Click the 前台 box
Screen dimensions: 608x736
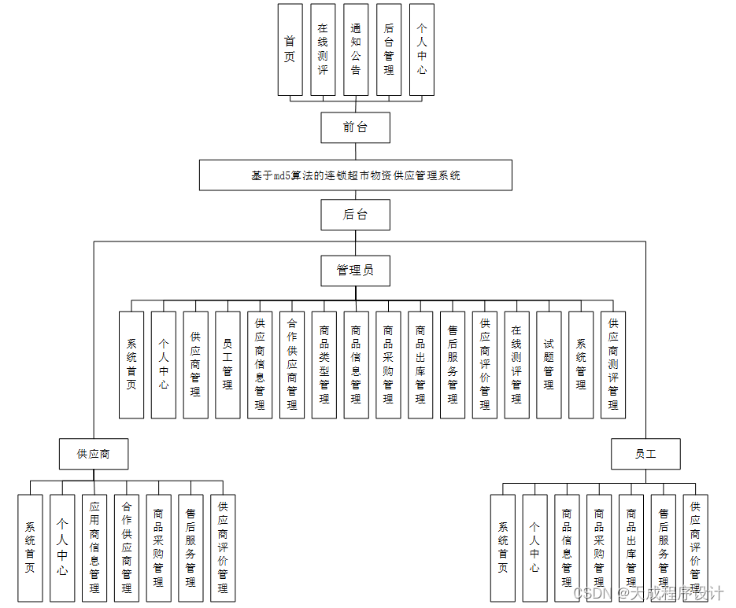click(x=355, y=127)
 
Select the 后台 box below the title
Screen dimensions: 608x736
click(x=355, y=214)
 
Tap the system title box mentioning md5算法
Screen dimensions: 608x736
click(x=355, y=175)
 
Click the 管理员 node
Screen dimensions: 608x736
click(x=355, y=271)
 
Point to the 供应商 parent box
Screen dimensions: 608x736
click(x=93, y=454)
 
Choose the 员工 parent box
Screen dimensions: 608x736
click(x=645, y=454)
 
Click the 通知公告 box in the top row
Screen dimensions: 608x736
click(x=356, y=50)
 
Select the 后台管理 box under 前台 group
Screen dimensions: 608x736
click(x=389, y=50)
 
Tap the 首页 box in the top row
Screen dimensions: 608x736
click(x=290, y=50)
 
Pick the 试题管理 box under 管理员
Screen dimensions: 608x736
click(x=549, y=364)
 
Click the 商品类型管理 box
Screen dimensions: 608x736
click(x=324, y=364)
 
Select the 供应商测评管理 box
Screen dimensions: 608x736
click(x=613, y=364)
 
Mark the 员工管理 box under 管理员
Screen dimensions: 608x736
click(x=227, y=364)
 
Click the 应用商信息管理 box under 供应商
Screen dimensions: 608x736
click(x=94, y=547)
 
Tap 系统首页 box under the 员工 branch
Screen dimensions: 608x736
click(x=502, y=547)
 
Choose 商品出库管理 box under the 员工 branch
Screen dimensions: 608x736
click(x=631, y=547)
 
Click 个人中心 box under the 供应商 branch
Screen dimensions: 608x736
click(x=62, y=547)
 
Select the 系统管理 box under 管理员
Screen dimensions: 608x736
click(x=581, y=364)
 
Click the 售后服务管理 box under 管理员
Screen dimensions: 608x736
click(x=453, y=364)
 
